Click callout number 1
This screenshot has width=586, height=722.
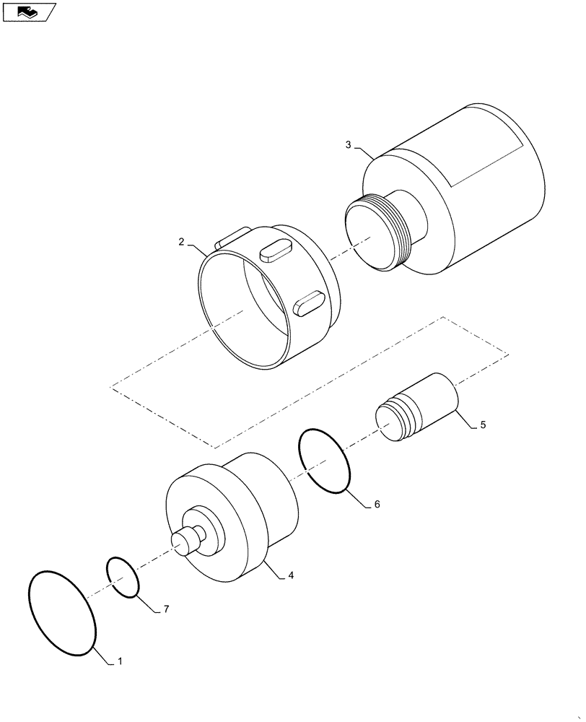(x=120, y=661)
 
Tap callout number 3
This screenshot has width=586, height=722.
(x=349, y=145)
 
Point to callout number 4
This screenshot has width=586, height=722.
(x=290, y=575)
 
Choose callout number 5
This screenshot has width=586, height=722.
(x=483, y=425)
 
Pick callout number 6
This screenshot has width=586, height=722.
(x=377, y=505)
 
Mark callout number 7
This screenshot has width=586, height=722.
(x=165, y=610)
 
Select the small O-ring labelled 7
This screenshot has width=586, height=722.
(x=123, y=577)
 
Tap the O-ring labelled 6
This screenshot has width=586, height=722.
(x=325, y=462)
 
